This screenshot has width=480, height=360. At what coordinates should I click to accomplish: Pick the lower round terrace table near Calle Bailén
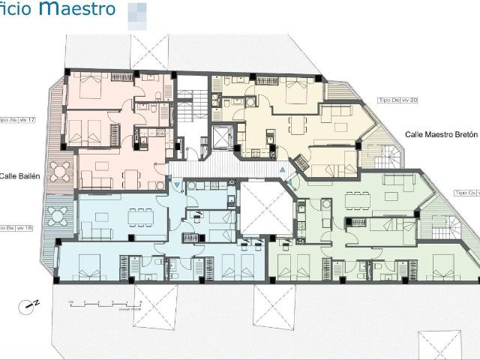point(58,216)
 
